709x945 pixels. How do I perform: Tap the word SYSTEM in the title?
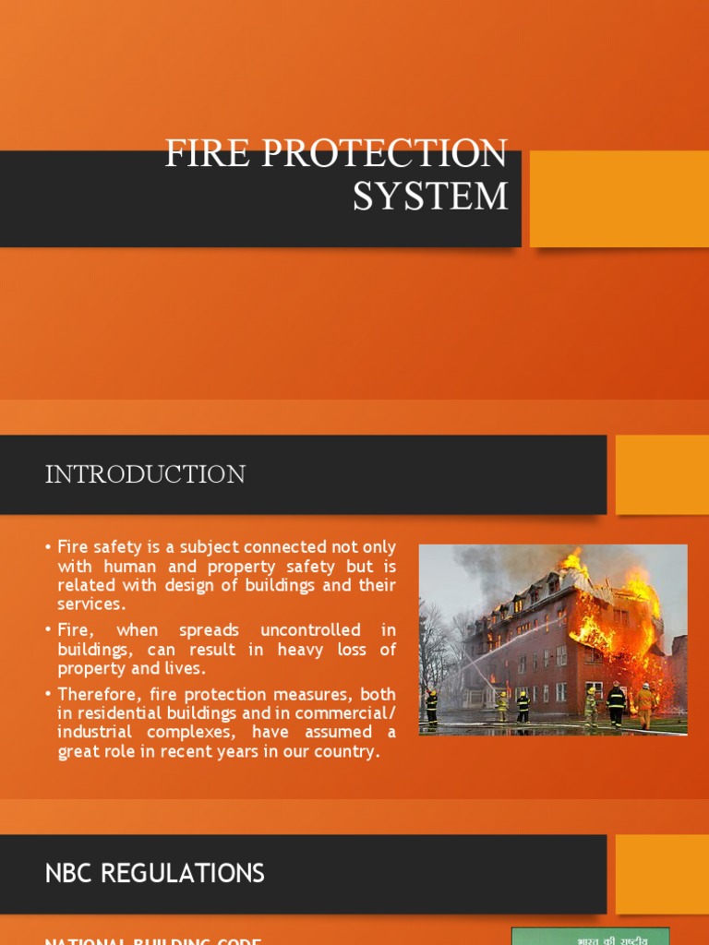(430, 196)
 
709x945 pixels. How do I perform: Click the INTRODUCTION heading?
(145, 474)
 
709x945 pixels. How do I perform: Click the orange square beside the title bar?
(619, 198)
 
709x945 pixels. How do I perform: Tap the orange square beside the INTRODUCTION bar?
(661, 474)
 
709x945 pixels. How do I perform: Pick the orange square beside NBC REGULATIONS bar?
(661, 874)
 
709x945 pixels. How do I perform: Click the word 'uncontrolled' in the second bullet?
(310, 630)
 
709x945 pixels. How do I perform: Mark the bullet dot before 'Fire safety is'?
(48, 548)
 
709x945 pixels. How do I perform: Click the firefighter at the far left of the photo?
(431, 706)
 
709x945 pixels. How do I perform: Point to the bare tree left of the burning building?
(436, 646)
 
